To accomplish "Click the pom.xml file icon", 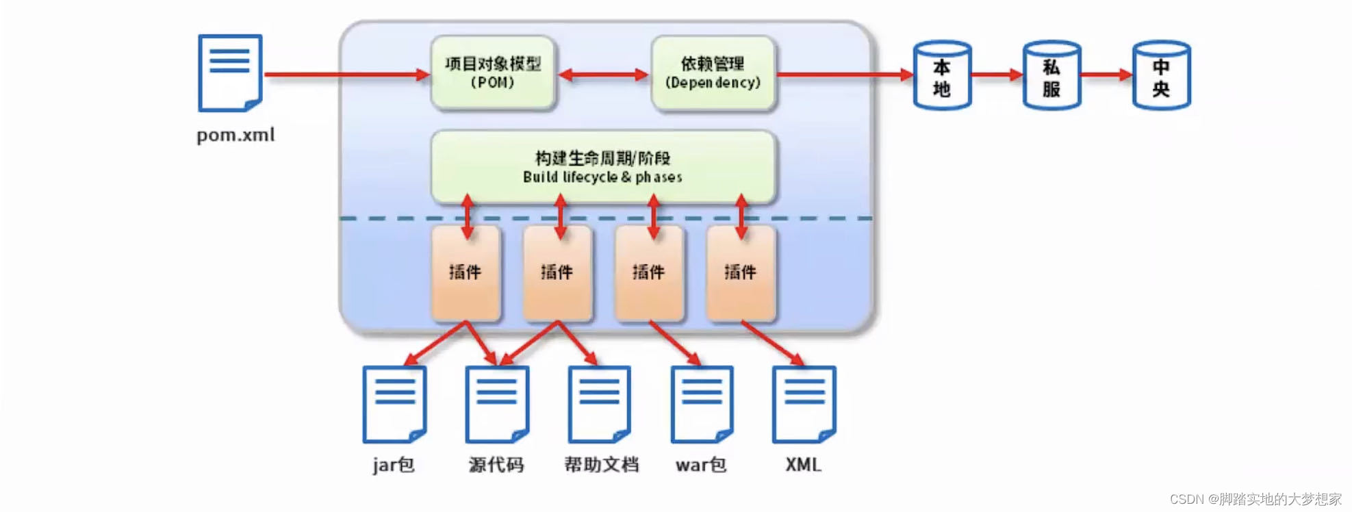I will point(230,73).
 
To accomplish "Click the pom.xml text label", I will point(235,135).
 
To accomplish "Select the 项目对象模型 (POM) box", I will point(492,73).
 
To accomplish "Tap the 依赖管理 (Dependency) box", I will point(713,73).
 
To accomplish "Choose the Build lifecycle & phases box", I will point(602,167).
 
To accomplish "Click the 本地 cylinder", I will point(942,75).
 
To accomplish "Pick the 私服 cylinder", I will point(1051,75).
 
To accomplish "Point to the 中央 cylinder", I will point(1161,75).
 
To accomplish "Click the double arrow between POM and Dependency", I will point(603,75).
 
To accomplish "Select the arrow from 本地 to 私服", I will point(997,75).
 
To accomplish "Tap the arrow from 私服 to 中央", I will point(1106,75).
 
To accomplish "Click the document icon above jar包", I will point(394,405).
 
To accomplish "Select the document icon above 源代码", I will point(497,405).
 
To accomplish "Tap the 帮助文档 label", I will point(601,465).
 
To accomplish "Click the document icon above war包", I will point(702,405).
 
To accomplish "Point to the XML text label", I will point(803,465).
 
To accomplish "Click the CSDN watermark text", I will point(1255,499).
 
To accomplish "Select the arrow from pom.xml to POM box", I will point(346,74).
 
